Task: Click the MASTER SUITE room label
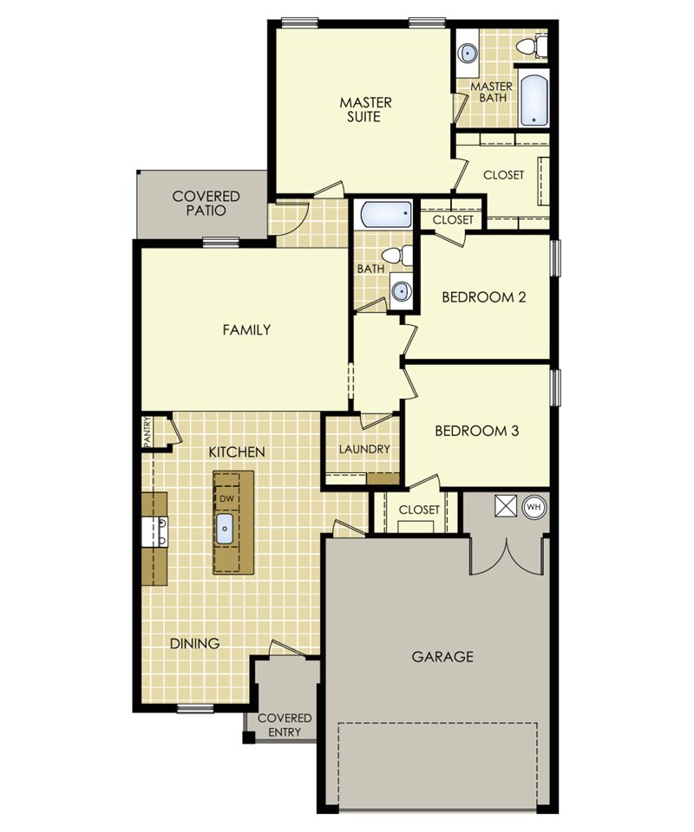(365, 109)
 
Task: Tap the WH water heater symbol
(534, 505)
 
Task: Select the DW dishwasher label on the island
(226, 499)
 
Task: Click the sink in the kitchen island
(226, 527)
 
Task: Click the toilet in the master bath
(530, 45)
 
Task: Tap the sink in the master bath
(468, 52)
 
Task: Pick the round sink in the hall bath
(401, 290)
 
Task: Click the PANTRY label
(147, 431)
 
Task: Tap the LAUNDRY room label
(364, 449)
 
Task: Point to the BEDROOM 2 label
(484, 297)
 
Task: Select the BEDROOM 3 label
(476, 430)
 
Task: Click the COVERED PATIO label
(206, 203)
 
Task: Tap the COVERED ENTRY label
(285, 725)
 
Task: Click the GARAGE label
(442, 656)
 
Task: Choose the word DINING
(194, 643)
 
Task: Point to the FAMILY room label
(246, 329)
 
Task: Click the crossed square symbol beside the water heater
(504, 505)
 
